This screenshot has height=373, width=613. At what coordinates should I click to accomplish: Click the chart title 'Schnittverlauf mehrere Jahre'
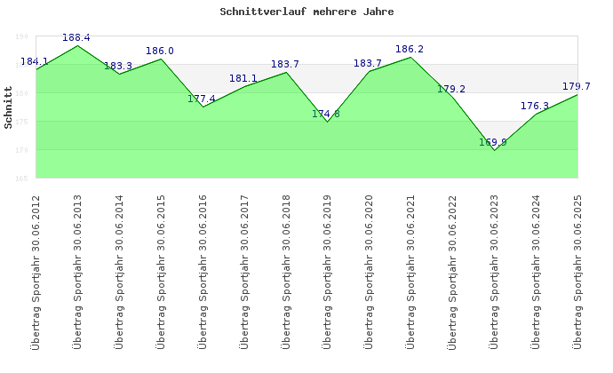coord(306,12)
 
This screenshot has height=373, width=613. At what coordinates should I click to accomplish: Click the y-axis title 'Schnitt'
coord(9,107)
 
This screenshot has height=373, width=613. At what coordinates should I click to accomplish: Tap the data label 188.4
coord(76,37)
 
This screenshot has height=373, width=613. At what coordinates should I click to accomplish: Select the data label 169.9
coord(493,142)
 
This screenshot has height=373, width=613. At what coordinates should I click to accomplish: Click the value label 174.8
coord(326,114)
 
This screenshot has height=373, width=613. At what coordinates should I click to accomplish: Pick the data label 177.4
coord(202,99)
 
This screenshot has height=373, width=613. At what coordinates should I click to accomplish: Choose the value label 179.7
coord(577,86)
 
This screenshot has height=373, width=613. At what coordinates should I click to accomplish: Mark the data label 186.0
coord(160,51)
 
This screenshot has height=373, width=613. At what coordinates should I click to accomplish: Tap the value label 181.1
coord(243,78)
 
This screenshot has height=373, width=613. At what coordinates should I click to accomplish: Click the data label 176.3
coord(535,106)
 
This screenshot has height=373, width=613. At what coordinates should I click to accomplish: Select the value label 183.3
coord(118,66)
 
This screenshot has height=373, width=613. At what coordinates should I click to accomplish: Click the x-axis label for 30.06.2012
coord(36,271)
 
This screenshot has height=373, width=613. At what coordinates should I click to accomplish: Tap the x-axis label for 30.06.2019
coord(328,271)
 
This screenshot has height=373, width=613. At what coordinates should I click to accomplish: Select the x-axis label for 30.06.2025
coord(578,271)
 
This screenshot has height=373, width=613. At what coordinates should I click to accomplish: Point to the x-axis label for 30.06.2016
coord(203,271)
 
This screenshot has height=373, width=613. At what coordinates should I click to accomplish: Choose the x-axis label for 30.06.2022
coord(453,271)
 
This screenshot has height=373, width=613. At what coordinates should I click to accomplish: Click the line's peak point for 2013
coord(78,45)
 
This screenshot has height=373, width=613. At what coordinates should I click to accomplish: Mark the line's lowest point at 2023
coord(495,150)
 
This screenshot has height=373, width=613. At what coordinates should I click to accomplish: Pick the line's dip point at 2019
coord(328,122)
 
